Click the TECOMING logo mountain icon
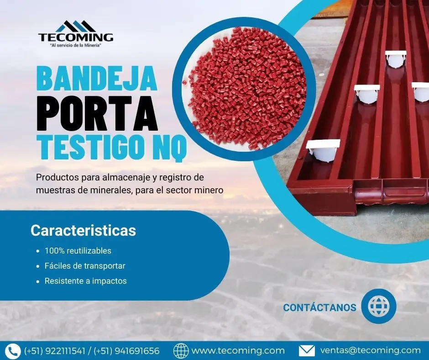pos(76,26)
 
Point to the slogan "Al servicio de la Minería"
pos(76,46)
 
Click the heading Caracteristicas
pos(83,230)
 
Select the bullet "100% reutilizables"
pos(78,251)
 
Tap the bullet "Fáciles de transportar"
pos(84,266)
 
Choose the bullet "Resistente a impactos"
pos(85,281)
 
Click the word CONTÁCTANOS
pos(319,307)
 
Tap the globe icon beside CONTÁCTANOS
pos(379,306)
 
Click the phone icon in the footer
pos(14,351)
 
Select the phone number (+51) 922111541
pos(54,351)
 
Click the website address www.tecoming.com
pos(238,351)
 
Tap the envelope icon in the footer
pos(307,351)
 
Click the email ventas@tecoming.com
pos(370,351)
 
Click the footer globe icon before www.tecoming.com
pos(181,351)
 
